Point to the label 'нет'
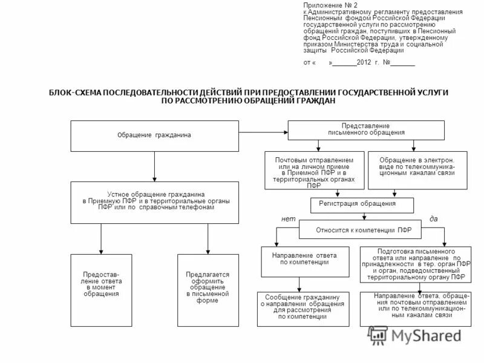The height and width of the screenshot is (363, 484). click(x=289, y=218)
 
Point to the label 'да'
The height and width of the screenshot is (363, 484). click(x=433, y=218)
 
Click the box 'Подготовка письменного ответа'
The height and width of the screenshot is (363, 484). click(x=416, y=264)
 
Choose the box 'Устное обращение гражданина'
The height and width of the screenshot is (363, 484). click(x=155, y=198)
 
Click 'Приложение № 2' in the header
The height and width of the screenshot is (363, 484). click(x=326, y=5)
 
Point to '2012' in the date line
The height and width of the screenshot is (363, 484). click(x=364, y=62)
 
